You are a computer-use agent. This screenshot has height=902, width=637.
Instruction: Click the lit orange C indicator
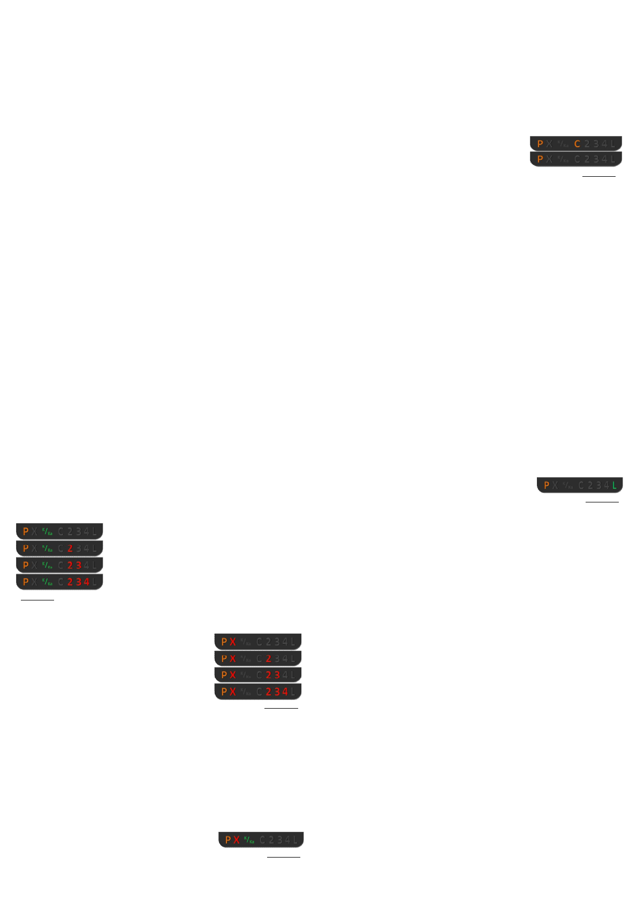pyautogui.click(x=577, y=144)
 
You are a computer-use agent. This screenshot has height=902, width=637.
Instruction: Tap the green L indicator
pyautogui.click(x=615, y=485)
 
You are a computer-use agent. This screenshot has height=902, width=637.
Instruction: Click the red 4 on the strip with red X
pyautogui.click(x=285, y=691)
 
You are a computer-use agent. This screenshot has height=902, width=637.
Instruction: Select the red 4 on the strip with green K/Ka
pyautogui.click(x=87, y=582)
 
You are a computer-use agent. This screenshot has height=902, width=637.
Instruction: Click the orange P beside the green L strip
pyautogui.click(x=547, y=485)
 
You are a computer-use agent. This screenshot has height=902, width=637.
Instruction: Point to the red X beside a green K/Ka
pyautogui.click(x=236, y=839)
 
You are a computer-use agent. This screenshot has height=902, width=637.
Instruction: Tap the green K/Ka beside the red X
pyautogui.click(x=249, y=839)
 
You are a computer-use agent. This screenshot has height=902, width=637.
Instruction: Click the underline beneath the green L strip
pyautogui.click(x=602, y=502)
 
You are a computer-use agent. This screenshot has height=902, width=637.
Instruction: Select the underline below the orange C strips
pyautogui.click(x=599, y=176)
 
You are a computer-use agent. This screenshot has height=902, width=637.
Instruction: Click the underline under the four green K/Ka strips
pyautogui.click(x=37, y=600)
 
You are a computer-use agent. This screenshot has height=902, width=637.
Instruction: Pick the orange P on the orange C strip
pyautogui.click(x=540, y=144)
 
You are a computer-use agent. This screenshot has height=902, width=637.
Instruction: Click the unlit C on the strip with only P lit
pyautogui.click(x=577, y=159)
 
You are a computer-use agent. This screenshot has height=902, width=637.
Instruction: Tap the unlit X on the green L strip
pyautogui.click(x=555, y=485)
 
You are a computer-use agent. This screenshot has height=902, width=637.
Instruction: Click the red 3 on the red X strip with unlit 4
pyautogui.click(x=277, y=675)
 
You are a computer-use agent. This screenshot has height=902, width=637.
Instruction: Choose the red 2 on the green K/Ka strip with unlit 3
pyautogui.click(x=70, y=548)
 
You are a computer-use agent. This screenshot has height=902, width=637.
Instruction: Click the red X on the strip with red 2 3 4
pyautogui.click(x=232, y=691)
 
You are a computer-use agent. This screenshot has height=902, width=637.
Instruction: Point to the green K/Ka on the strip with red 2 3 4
pyautogui.click(x=47, y=582)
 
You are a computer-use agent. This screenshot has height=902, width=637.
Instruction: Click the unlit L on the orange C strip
pyautogui.click(x=613, y=144)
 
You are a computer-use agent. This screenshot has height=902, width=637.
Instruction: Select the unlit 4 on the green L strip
pyautogui.click(x=606, y=485)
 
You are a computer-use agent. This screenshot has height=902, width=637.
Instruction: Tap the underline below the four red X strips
pyautogui.click(x=281, y=708)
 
